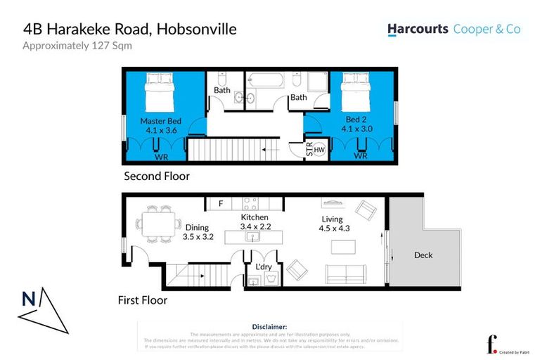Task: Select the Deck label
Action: point(424,255)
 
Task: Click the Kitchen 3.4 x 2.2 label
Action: point(254,221)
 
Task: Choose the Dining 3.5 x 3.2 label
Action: point(198,232)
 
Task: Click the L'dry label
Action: point(264,268)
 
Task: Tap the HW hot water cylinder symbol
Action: point(319,149)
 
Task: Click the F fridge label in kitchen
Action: point(220,204)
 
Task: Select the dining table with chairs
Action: point(155,225)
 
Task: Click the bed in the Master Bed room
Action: point(160,94)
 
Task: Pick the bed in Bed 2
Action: point(355,94)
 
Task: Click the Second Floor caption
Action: point(156,176)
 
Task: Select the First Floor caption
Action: point(142,300)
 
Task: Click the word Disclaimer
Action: point(269,327)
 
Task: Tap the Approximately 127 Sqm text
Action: point(77,46)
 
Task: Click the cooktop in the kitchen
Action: point(251,204)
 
